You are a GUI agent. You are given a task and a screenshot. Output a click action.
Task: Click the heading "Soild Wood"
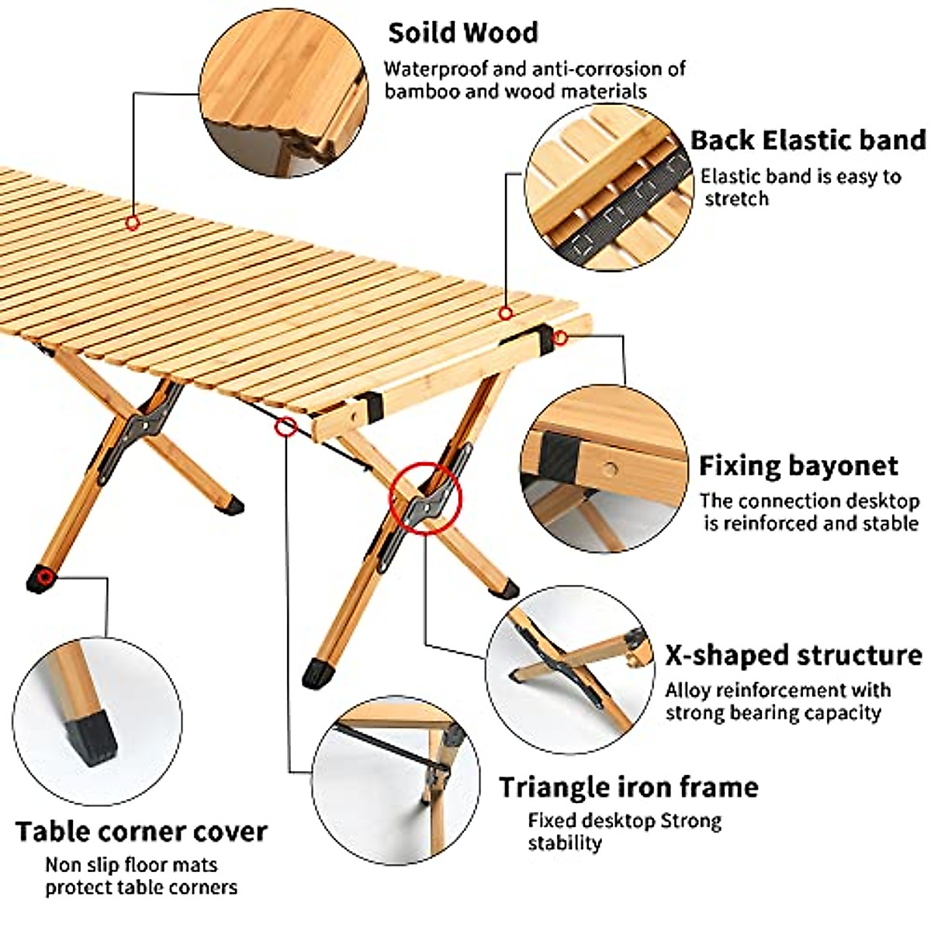tap(462, 33)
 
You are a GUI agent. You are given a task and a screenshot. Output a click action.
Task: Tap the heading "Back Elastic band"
tap(807, 140)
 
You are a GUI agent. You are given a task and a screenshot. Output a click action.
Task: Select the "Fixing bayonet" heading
tap(798, 465)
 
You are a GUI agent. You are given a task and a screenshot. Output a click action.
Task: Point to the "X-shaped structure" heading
tap(794, 655)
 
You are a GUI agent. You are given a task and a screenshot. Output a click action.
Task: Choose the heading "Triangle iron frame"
tap(628, 787)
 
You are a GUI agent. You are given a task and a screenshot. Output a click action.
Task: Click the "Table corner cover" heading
tap(141, 831)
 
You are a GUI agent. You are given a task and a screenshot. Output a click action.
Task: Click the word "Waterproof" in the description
tap(437, 69)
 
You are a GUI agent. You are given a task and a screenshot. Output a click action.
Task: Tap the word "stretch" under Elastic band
tap(736, 199)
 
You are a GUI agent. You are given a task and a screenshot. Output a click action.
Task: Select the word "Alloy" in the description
tap(687, 690)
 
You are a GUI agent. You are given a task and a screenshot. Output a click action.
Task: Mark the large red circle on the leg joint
tap(426, 498)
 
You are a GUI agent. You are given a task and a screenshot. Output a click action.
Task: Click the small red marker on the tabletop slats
tap(133, 223)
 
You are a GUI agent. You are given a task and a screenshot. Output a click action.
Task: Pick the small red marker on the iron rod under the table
tap(286, 426)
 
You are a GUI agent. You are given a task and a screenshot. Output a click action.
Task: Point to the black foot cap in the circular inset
tap(92, 738)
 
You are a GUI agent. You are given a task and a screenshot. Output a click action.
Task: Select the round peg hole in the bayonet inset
tap(613, 469)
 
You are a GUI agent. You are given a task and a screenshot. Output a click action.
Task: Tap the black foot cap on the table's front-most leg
tap(317, 673)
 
